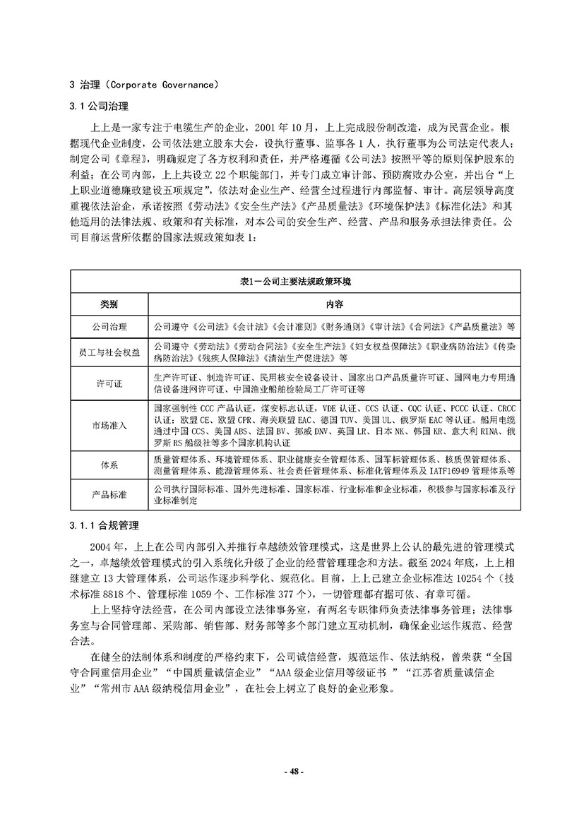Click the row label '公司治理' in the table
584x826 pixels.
[109, 328]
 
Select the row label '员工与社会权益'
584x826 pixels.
[109, 352]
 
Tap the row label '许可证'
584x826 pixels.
[109, 383]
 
